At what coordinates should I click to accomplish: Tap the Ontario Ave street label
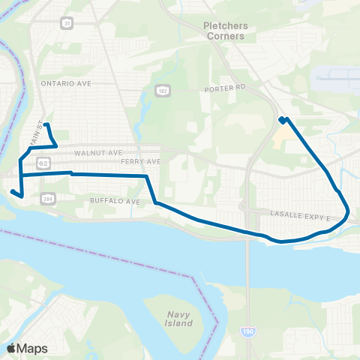tap(66, 83)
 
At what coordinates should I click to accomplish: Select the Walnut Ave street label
tap(99, 152)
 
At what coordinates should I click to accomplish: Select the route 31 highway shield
tap(67, 23)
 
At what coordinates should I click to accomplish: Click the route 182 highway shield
tap(163, 90)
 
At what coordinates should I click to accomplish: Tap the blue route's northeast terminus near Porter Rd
tap(282, 119)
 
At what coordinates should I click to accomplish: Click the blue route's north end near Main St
tap(46, 124)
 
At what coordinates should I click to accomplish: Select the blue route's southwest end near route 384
tap(12, 192)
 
